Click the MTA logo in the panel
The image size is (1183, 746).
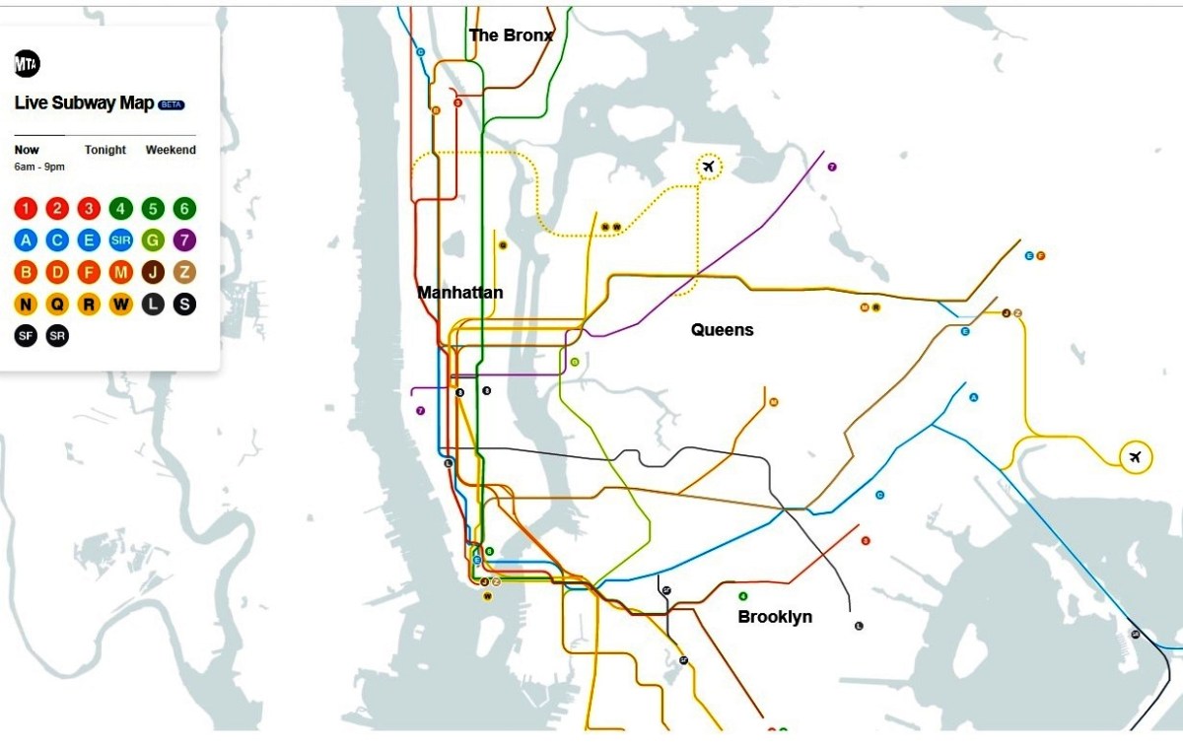tap(27, 65)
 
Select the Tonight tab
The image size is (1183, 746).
tap(105, 150)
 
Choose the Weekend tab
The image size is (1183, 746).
tap(171, 150)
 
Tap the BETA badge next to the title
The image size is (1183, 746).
tap(172, 104)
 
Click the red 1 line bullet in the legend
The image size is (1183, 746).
tap(27, 208)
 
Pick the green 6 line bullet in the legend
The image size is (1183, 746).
tap(184, 208)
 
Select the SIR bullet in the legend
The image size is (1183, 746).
tap(120, 239)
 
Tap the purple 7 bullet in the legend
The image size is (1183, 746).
tap(184, 239)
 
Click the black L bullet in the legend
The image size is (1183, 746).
tap(153, 304)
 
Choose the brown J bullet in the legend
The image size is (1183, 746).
tap(153, 271)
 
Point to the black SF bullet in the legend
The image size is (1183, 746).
tap(27, 336)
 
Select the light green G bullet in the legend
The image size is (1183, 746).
tap(153, 239)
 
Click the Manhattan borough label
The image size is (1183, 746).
tap(459, 293)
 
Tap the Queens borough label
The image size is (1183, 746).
tap(722, 330)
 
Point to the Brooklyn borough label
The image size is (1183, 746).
tap(775, 617)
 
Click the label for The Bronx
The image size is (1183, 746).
tap(511, 35)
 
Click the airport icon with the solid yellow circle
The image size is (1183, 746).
tap(1136, 457)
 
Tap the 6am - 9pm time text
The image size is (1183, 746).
tap(39, 167)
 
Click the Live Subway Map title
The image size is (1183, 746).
tap(84, 103)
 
